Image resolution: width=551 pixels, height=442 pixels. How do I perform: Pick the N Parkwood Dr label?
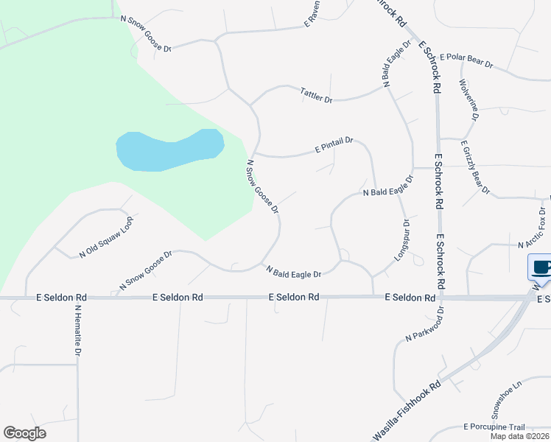tap(426, 323)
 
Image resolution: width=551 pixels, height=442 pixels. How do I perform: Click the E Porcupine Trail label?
tap(494, 427)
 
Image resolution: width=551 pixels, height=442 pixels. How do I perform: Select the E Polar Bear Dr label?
tap(466, 61)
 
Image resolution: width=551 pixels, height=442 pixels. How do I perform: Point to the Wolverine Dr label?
tap(469, 99)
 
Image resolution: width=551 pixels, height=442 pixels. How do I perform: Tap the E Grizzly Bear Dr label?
tap(475, 167)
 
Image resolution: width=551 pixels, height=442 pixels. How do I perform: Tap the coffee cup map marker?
tap(541, 267)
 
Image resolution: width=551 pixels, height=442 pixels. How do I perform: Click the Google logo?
tap(24, 433)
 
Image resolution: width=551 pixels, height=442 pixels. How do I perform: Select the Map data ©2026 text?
tap(519, 436)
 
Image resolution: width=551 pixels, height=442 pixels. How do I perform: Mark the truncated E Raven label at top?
tap(313, 13)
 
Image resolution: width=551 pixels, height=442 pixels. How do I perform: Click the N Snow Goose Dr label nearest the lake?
tap(263, 187)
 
